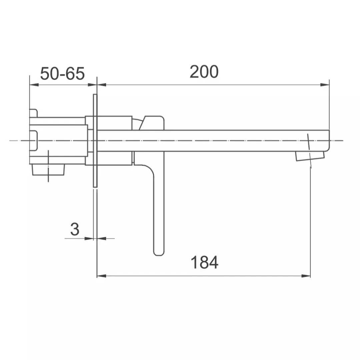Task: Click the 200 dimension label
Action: (204, 72)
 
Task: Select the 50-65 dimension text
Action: (62, 74)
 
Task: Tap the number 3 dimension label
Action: (75, 229)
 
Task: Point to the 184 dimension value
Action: (204, 262)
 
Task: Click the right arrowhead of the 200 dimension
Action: (325, 85)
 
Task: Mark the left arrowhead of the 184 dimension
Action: (101, 276)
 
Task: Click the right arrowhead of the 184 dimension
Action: (306, 276)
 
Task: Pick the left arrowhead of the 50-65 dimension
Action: (34, 85)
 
